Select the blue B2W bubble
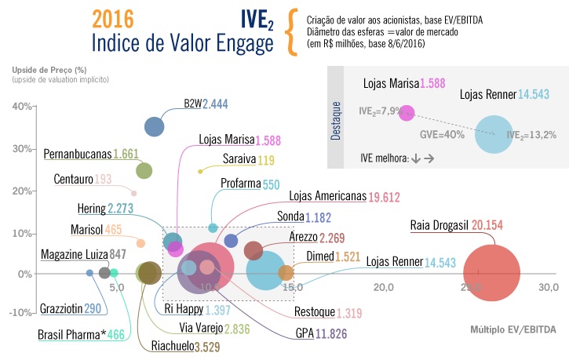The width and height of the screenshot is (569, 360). [x=155, y=125]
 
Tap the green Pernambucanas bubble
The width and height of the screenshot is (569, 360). [x=144, y=170]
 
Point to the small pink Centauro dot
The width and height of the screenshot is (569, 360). [x=134, y=193]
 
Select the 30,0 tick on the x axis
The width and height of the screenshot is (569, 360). [x=549, y=287]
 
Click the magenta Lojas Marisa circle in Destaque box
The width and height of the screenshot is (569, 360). [x=407, y=112]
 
